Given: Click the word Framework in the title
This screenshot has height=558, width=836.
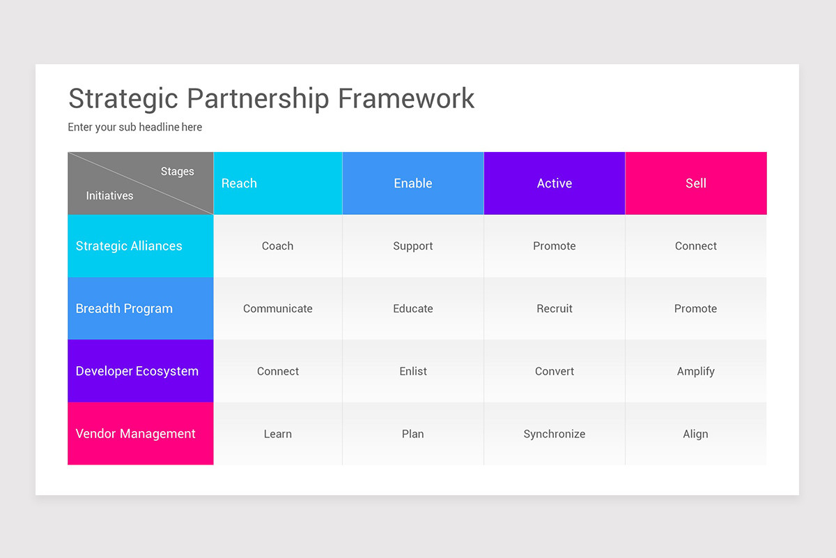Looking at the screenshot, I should pos(405,98).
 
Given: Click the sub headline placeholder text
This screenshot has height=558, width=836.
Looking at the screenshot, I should pos(134,127).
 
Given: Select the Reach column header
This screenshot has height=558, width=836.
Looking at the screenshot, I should pos(239,183).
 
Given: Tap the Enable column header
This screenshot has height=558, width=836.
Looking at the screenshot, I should pos(413,183).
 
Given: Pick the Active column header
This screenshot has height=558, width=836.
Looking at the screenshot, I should pos(555,183).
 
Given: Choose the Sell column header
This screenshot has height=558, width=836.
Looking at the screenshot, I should pos(696,183).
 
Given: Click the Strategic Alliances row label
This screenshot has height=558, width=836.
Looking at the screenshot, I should pos(129,246).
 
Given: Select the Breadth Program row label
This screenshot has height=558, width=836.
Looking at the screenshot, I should pos(124,308).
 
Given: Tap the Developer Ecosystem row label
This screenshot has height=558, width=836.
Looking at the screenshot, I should pos(137,371).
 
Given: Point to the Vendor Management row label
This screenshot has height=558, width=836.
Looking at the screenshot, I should pos(135,434).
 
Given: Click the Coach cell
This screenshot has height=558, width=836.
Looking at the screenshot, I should pos(277,246).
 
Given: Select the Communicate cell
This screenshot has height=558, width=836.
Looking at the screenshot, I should pos(277,308).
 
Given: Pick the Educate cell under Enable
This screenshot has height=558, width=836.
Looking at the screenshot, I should pos(413,308).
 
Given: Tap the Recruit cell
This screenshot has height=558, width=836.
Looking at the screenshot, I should pos(555,308).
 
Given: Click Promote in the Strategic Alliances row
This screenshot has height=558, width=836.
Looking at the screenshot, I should pos(555,246).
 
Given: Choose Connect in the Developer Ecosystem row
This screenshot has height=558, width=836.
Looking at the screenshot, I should pos(277,371).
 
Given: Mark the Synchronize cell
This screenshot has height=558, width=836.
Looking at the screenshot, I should pos(555,434).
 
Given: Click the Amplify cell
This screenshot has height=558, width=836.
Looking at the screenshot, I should pos(696,371).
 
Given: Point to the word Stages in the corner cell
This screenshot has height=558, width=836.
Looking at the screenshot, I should pos(177,172).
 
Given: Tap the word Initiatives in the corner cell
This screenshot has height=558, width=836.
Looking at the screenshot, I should pos(109,196).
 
